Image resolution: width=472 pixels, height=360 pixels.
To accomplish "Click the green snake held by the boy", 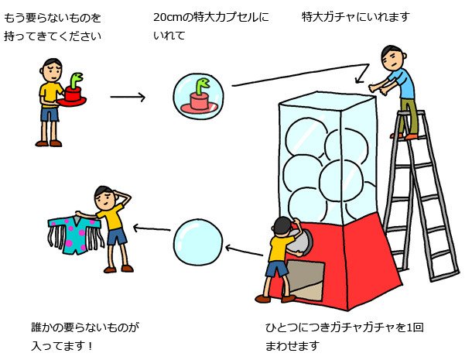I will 74,80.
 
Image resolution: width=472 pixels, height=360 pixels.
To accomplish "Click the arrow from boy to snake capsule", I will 128,97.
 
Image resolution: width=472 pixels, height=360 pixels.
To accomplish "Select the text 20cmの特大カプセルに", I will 210,16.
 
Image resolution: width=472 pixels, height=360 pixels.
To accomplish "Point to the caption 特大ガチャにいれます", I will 355,16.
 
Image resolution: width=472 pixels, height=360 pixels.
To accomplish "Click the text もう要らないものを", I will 53,16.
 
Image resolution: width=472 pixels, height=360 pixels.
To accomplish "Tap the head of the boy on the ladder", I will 392,57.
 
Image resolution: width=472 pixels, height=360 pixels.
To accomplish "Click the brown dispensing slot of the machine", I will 306,279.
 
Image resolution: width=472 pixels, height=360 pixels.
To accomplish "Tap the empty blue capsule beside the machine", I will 197,242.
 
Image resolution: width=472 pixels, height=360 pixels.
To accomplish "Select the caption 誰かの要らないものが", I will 80,327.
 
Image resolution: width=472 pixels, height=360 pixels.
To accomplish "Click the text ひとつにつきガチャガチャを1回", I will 344,327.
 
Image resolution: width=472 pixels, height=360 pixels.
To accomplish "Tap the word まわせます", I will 292,345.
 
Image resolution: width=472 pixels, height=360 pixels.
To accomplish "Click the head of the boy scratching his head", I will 106,196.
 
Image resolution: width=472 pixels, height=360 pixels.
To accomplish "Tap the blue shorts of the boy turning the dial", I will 276,269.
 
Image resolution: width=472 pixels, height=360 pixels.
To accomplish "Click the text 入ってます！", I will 59,345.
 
